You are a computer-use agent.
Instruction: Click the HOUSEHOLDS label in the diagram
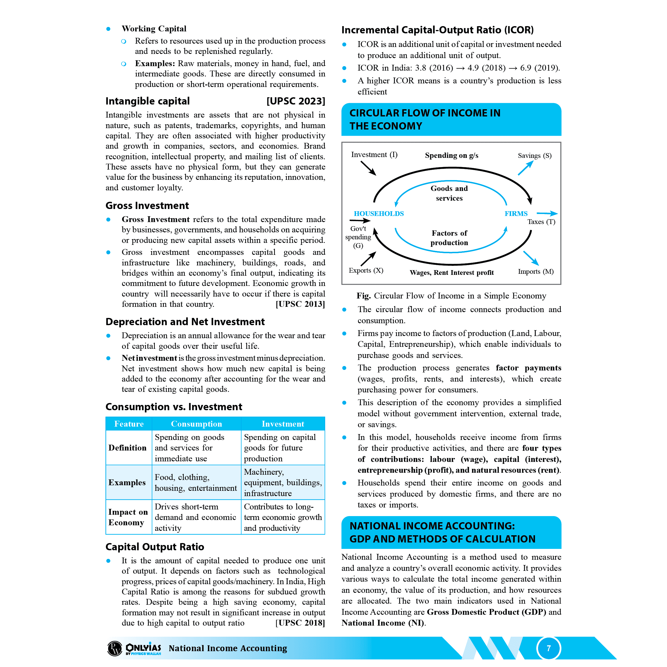(379, 214)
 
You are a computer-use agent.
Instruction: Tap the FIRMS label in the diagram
(516, 214)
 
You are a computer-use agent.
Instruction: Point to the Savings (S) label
(534, 156)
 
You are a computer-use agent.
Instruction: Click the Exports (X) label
(366, 270)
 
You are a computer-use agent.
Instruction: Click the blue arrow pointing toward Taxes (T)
(547, 213)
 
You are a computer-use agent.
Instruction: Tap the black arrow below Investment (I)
(368, 168)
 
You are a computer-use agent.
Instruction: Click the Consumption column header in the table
(196, 424)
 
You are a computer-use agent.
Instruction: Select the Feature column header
(129, 424)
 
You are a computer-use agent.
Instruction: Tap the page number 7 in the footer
(549, 648)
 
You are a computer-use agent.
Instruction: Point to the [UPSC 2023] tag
(295, 101)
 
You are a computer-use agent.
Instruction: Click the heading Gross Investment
(147, 206)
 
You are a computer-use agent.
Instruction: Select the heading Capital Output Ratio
(155, 547)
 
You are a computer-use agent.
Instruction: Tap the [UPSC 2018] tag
(300, 623)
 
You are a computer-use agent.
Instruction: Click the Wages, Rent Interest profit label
(452, 273)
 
